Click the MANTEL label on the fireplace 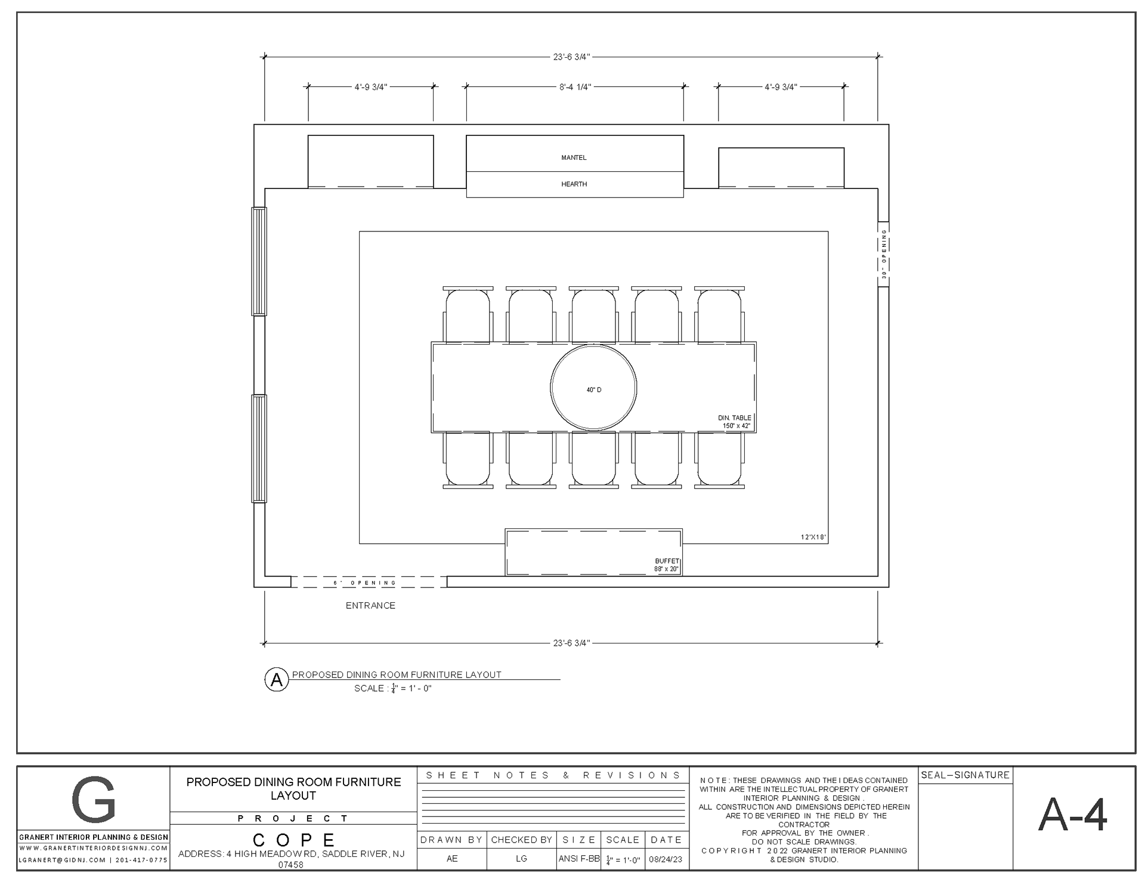(574, 157)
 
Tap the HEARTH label (574, 184)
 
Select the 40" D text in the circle (594, 390)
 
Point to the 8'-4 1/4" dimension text (575, 87)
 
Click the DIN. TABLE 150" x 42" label (735, 422)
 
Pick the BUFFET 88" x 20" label (667, 565)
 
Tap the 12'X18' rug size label (813, 537)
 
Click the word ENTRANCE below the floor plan (370, 605)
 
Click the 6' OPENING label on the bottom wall (364, 583)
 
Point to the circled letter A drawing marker (277, 680)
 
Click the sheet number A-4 (1072, 815)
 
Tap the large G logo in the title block (93, 799)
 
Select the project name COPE (293, 840)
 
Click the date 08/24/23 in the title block (666, 859)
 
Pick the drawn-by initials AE (452, 859)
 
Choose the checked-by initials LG (521, 859)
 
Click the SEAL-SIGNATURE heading (965, 775)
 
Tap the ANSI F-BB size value (578, 859)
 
